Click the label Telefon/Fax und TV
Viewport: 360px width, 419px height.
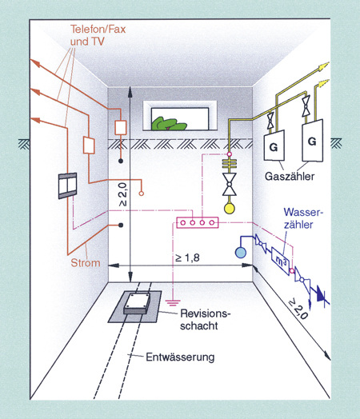(98, 35)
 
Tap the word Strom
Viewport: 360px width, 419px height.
(86, 263)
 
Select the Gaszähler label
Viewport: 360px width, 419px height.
(290, 177)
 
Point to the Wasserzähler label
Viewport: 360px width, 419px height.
(303, 218)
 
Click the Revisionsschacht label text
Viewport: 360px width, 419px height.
(205, 320)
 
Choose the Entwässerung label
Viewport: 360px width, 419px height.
(180, 357)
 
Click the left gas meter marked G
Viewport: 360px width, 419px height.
(274, 146)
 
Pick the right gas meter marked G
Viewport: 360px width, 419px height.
(312, 141)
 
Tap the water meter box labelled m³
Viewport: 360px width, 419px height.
(281, 261)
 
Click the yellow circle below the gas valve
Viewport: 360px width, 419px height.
(230, 209)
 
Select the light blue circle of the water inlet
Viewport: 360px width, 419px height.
(241, 253)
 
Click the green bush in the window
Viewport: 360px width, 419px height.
(169, 124)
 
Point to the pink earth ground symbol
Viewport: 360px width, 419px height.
(173, 303)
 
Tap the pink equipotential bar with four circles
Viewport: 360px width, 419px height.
(198, 222)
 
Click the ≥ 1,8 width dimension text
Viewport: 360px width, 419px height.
(187, 257)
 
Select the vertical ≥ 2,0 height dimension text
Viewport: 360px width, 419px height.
(122, 194)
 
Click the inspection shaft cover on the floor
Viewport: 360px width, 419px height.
(138, 304)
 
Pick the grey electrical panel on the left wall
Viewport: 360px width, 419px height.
(68, 186)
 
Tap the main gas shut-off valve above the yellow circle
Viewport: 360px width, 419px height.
(230, 184)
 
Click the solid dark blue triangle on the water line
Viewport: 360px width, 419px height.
(321, 294)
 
